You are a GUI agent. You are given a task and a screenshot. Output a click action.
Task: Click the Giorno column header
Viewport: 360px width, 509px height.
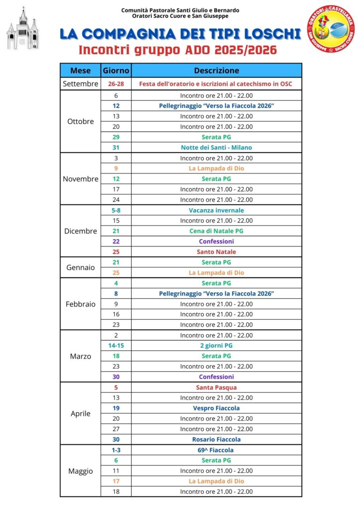(x=116, y=71)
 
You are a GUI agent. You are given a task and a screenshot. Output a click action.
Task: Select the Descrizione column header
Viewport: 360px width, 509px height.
(x=216, y=71)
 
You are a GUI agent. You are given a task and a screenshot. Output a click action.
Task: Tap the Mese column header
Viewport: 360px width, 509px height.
(x=80, y=71)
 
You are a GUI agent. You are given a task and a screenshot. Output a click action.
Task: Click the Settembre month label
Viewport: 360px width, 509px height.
(x=80, y=84)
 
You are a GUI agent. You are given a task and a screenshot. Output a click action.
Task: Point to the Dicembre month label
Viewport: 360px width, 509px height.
(x=80, y=231)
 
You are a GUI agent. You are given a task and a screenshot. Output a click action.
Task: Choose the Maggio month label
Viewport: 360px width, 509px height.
(x=80, y=471)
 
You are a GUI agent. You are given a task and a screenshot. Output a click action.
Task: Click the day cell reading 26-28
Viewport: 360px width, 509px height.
(x=116, y=84)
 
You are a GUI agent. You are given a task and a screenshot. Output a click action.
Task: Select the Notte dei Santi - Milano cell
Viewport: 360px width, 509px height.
(x=216, y=148)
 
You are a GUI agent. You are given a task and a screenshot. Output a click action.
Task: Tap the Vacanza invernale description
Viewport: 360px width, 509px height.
(x=216, y=210)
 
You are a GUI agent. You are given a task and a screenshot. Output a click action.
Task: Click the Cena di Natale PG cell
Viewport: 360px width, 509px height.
(x=216, y=231)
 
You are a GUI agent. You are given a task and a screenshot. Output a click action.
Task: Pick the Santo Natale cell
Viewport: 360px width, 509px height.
(x=216, y=252)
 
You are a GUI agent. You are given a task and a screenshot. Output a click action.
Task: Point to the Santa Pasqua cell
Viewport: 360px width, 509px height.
(x=216, y=387)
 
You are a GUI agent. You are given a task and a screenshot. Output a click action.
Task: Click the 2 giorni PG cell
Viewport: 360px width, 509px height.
(x=216, y=345)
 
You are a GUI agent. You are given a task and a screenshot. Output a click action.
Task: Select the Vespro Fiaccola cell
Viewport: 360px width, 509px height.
(x=216, y=408)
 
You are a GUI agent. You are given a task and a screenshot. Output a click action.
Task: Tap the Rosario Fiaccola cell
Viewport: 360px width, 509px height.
(x=216, y=439)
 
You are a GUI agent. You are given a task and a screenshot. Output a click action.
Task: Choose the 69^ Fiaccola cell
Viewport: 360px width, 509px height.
(x=216, y=450)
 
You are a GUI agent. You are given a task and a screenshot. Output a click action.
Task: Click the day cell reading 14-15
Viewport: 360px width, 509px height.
(x=116, y=345)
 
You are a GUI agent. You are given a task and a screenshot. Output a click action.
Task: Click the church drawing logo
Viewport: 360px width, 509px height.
(x=22, y=29)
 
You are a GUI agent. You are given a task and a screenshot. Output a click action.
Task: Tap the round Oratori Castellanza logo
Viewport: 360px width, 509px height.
(x=331, y=29)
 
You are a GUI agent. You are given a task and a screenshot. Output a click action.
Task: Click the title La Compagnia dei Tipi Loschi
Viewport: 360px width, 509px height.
(x=180, y=34)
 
